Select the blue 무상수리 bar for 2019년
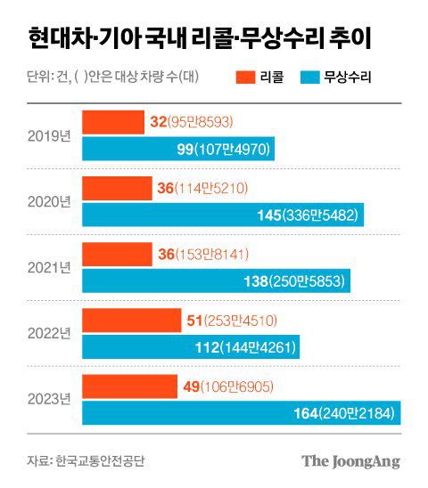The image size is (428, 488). point(177,149)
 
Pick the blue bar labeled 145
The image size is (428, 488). point(223,215)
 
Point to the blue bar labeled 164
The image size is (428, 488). point(242,412)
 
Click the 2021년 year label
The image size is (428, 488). point(48,268)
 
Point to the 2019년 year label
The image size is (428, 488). point(48,136)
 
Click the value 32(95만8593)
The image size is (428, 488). point(197,123)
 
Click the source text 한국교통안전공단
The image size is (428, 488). point(99,461)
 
